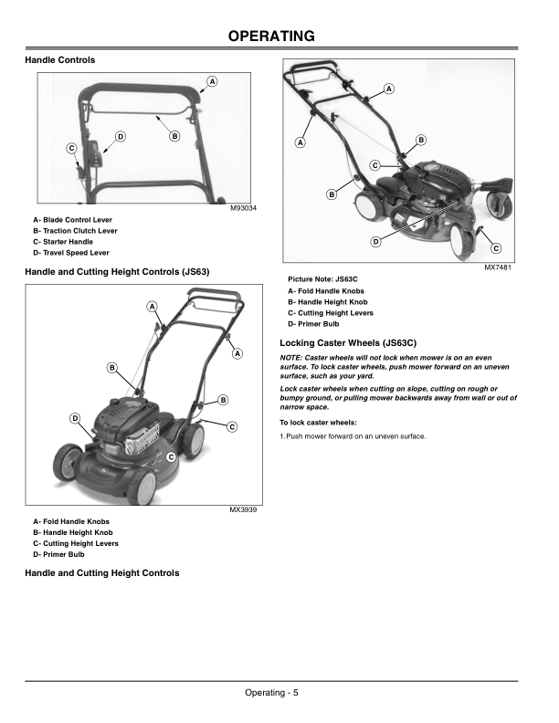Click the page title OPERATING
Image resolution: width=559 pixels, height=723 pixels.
pos(271,37)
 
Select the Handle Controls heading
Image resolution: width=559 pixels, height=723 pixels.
pos(59,60)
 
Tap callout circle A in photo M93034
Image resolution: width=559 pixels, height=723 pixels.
pos(212,81)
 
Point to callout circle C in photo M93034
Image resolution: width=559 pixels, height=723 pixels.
pos(71,148)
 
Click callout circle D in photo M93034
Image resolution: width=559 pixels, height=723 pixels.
pos(120,136)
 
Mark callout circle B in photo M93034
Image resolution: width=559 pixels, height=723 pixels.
pos(174,136)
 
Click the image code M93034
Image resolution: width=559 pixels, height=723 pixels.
pos(244,209)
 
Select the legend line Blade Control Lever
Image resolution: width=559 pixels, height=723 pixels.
pos(72,220)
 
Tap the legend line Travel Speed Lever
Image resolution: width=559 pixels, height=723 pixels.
pos(70,253)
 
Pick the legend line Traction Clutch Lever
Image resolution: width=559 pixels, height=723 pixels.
pos(75,231)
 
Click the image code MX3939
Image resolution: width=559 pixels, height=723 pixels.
pos(243,509)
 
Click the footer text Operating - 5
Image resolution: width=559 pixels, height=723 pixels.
pos(271,693)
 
